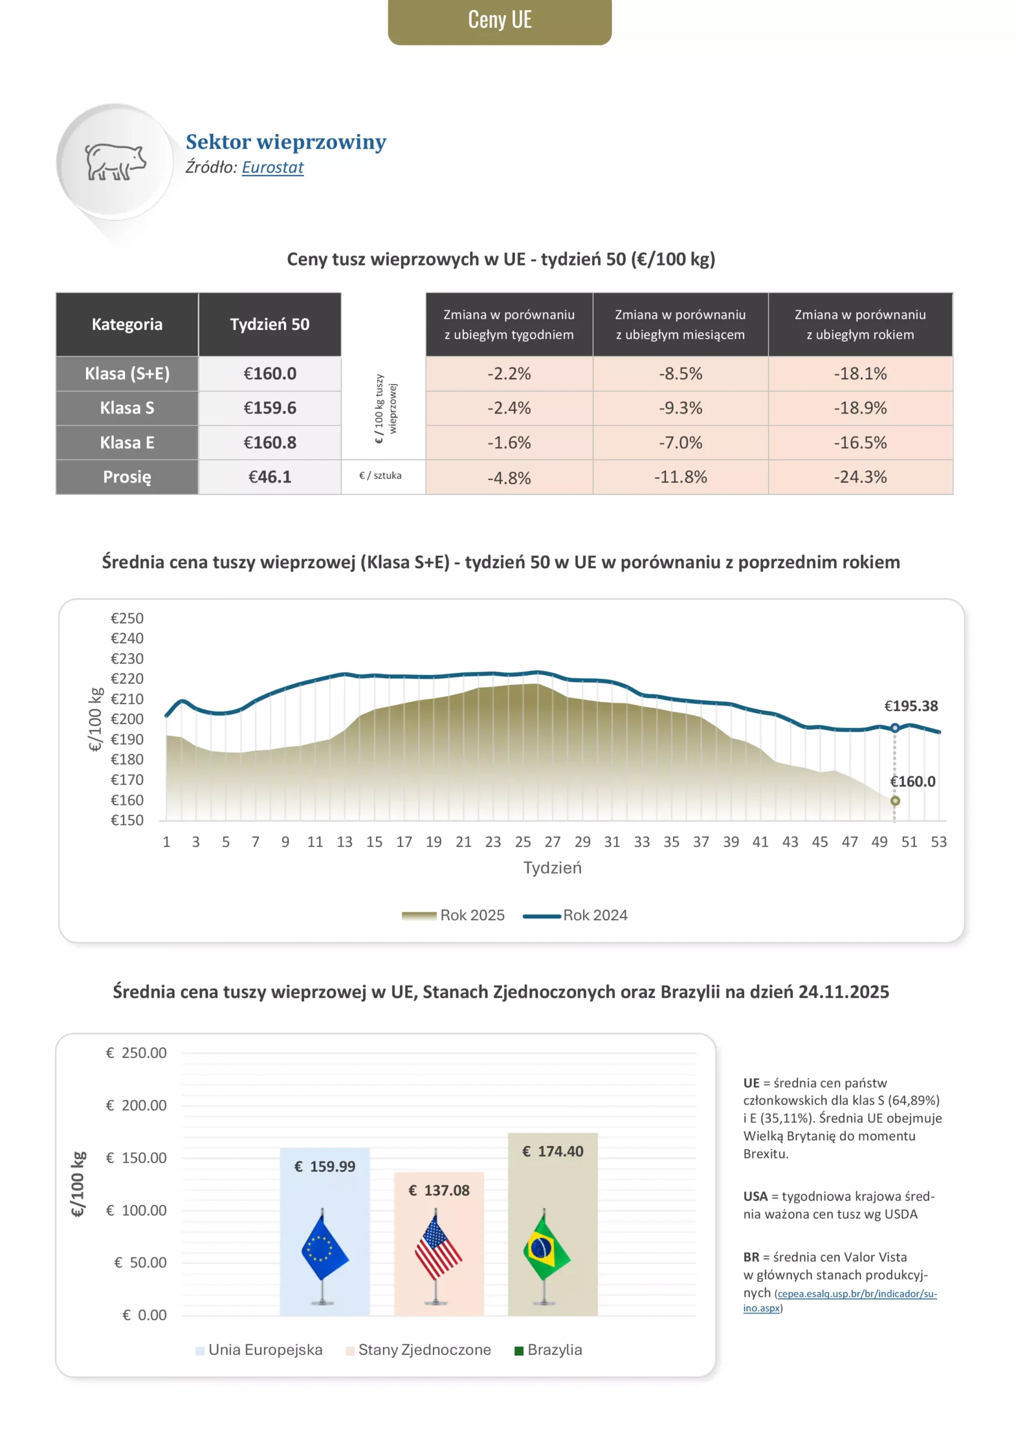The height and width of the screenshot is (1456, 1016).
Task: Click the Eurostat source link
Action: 272,167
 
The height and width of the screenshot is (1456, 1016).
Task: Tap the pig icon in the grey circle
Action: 115,162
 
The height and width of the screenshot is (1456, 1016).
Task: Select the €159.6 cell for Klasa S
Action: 270,408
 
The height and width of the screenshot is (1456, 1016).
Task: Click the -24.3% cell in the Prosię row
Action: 860,477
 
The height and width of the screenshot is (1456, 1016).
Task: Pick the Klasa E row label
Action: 127,442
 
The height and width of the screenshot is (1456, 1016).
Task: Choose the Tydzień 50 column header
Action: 270,325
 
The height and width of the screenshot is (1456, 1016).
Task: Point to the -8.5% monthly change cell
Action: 680,374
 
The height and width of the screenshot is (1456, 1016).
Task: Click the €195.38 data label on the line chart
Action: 911,706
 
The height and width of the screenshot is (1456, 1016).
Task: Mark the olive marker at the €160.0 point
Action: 894,801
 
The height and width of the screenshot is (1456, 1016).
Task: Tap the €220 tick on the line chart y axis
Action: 127,679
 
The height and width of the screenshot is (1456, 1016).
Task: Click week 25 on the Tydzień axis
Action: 523,842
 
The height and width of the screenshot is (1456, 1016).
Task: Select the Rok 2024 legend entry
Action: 575,915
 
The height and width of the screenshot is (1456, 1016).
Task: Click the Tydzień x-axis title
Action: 552,867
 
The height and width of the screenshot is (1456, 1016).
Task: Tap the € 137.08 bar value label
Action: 439,1190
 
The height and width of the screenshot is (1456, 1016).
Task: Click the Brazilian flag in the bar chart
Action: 546,1248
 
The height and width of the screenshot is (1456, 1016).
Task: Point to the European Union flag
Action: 324,1248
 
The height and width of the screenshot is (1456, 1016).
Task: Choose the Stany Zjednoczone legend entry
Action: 419,1350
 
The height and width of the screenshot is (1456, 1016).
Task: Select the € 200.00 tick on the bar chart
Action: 136,1105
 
